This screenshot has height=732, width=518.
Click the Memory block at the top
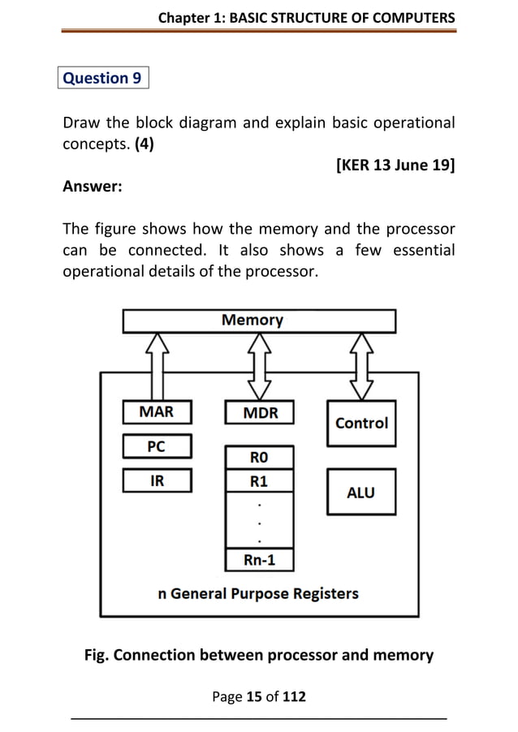pos(259,321)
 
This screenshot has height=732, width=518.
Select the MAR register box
pos(157,412)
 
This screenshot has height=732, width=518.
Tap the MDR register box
pos(259,413)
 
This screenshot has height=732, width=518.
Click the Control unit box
pos(361,423)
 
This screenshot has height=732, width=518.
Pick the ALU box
pos(361,492)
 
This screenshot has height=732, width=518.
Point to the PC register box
pos(157,446)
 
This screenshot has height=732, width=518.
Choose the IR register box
pos(157,481)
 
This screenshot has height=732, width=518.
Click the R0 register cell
pos(258,458)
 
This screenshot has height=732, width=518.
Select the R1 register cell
pos(258,481)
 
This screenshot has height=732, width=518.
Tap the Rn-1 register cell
pos(258,560)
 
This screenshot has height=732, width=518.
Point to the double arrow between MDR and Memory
pos(259,365)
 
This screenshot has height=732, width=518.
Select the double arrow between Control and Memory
pos(361,365)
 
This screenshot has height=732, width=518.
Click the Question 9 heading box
pos(103,79)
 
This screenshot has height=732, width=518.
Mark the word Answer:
pos(93,187)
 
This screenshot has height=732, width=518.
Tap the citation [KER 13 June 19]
pos(395,166)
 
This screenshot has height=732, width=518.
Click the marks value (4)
pos(145,145)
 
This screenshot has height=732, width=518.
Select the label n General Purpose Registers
pos(258,593)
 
